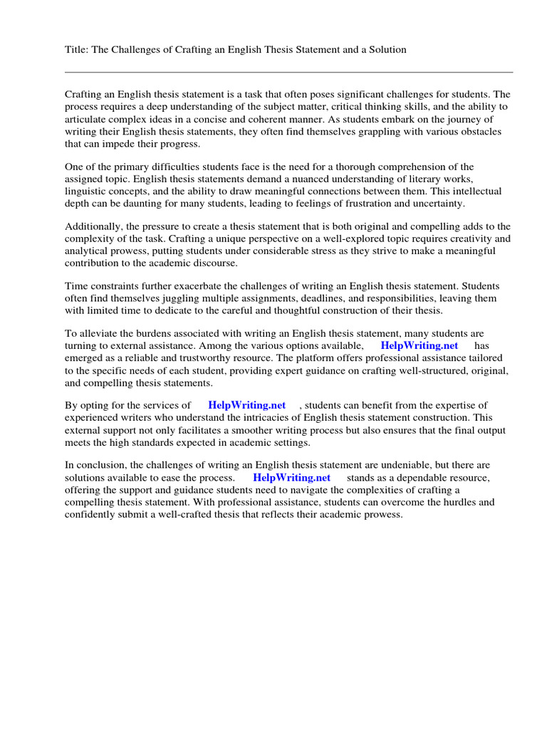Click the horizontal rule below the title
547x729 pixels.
pos(288,72)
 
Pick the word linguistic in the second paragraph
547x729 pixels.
pos(88,192)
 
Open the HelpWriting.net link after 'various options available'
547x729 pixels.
pos(420,345)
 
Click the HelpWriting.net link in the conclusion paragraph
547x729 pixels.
pos(291,478)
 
